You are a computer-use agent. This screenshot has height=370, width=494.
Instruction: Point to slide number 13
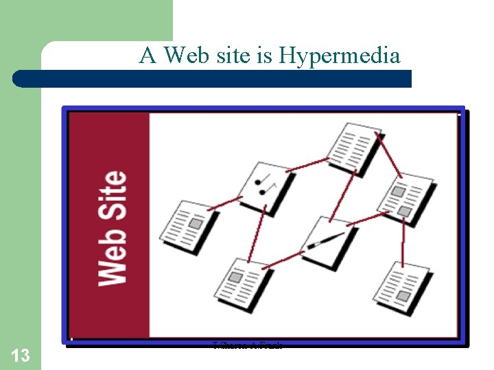point(21,355)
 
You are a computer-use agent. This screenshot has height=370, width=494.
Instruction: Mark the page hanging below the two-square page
point(405,284)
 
